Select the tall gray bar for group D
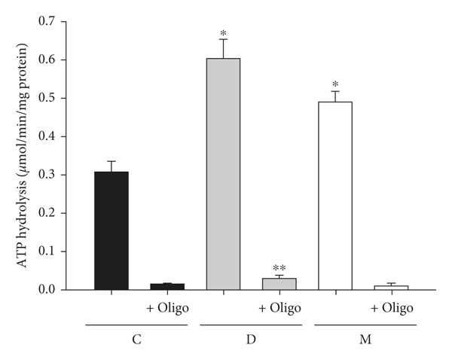coord(224,174)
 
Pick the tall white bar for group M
coord(335,196)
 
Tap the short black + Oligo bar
coord(167,286)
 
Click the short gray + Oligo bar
coord(279,284)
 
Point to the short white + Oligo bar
coord(392,287)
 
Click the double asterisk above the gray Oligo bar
coord(279,268)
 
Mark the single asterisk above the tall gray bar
coord(224,34)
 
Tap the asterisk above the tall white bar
coord(335,85)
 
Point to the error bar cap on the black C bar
coord(111,161)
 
